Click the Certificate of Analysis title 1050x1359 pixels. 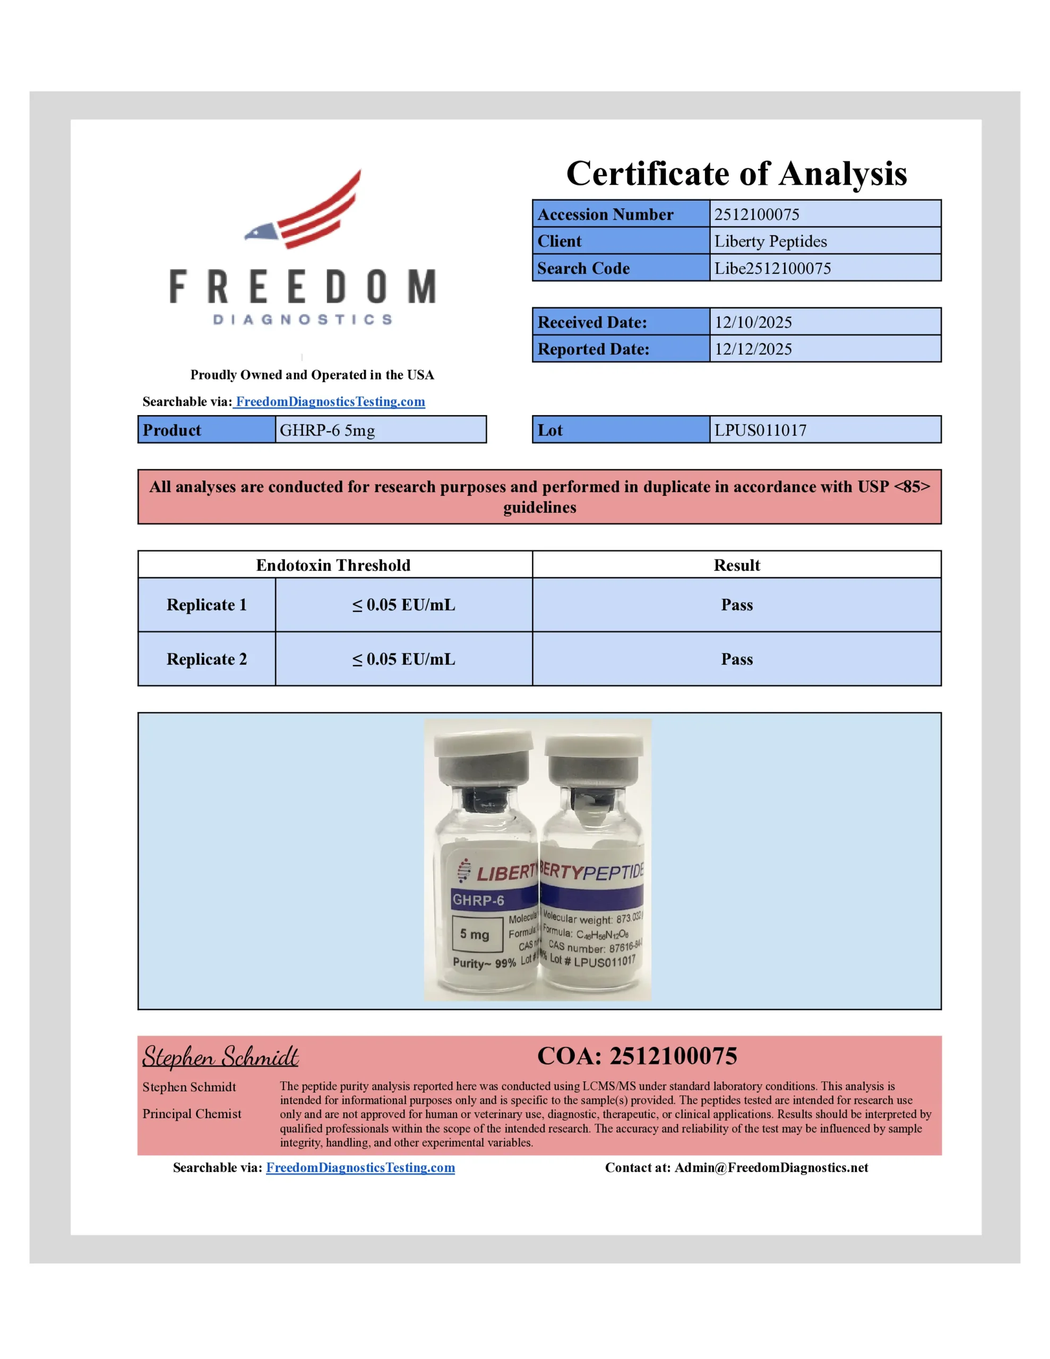pyautogui.click(x=736, y=173)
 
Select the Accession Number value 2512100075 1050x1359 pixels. pyautogui.click(x=756, y=214)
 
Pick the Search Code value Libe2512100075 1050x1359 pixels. pyautogui.click(x=772, y=268)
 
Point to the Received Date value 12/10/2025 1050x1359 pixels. pyautogui.click(x=753, y=322)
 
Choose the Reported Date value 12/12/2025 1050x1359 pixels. pyautogui.click(x=753, y=349)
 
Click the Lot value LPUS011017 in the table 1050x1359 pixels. pyautogui.click(x=760, y=430)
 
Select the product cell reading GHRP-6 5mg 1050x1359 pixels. pyautogui.click(x=328, y=430)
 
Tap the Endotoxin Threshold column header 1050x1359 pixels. pyautogui.click(x=333, y=565)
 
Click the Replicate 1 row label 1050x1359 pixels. pyautogui.click(x=206, y=605)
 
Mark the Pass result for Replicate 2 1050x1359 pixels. pyautogui.click(x=736, y=659)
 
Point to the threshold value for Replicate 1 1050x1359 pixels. pyautogui.click(x=403, y=605)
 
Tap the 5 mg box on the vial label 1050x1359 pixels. pyautogui.click(x=476, y=934)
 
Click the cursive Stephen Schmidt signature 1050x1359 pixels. pyautogui.click(x=220, y=1056)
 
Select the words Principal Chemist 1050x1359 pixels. pyautogui.click(x=192, y=1114)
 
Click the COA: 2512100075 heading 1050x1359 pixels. pyautogui.click(x=636, y=1056)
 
